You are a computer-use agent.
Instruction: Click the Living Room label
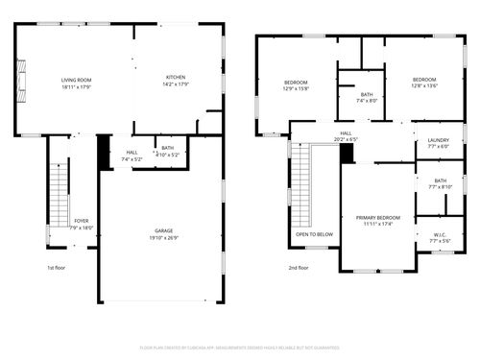click(x=76, y=78)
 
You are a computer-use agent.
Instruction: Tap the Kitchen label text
click(x=176, y=78)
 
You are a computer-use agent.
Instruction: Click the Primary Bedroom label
click(x=378, y=218)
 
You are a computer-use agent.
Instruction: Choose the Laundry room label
click(x=438, y=140)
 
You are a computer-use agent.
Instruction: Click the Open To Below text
click(x=314, y=234)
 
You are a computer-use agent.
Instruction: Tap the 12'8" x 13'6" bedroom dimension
click(x=425, y=84)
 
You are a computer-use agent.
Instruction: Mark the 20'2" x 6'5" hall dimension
click(x=346, y=140)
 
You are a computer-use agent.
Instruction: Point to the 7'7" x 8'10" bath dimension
click(x=440, y=186)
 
